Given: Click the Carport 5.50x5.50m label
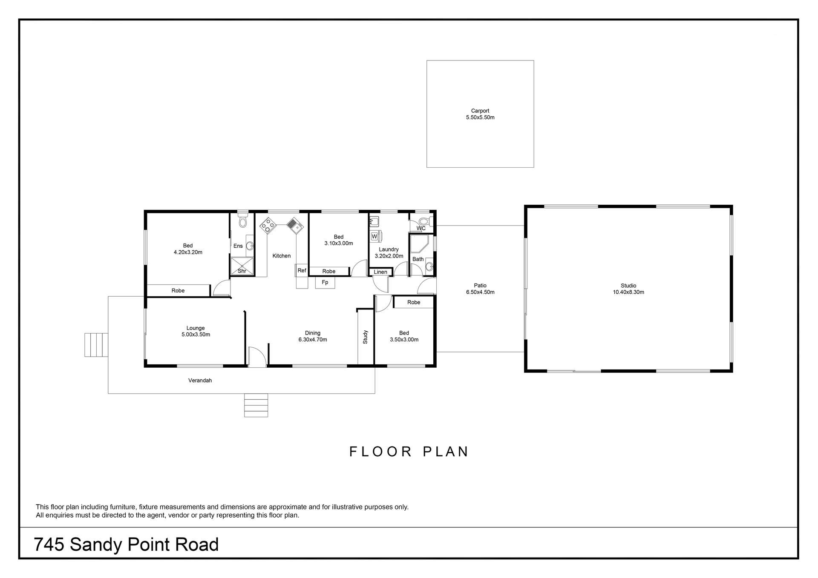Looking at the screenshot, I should coord(480,114).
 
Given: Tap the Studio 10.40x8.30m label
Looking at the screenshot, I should coord(628,289).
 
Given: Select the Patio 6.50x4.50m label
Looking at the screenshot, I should coord(480,289).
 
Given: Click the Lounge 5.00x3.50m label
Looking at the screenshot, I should coord(196,331).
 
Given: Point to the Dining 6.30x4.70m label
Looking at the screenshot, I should coord(313,336).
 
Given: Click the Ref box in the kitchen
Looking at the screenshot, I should coord(302,270).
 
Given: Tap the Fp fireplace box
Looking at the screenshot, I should coord(325,282).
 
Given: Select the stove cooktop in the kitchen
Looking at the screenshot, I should coord(268,225).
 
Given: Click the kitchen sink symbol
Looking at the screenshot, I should coord(294,225).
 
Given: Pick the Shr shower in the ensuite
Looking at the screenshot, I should coord(242,266).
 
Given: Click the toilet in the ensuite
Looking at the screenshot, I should coord(243,220).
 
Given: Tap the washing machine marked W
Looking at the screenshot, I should coord(374,236).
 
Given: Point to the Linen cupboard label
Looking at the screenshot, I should coord(380,272).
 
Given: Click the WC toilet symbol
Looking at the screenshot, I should coord(424,221).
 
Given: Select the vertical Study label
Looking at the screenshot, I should coord(365,337).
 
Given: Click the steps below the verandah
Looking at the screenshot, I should coord(256,405).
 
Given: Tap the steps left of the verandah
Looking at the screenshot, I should coord(96,345).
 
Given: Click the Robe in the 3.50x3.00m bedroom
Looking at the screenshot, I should coord(413,302).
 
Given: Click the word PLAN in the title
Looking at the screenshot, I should coord(446,452).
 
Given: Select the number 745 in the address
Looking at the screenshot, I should coord(49,544).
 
